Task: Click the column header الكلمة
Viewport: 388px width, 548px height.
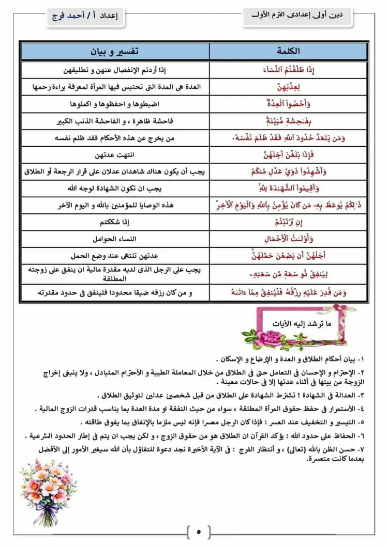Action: [x=289, y=52]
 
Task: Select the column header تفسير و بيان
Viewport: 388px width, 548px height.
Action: [x=114, y=52]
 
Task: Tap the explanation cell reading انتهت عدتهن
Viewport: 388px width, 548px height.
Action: [x=114, y=155]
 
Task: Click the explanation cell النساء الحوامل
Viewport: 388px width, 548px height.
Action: [x=114, y=239]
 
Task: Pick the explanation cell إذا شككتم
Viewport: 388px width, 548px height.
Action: [x=114, y=223]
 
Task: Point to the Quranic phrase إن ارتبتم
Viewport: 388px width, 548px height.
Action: [x=289, y=223]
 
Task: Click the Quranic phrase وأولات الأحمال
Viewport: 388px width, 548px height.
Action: [x=289, y=239]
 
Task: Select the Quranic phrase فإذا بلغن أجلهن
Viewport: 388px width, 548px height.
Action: [x=289, y=155]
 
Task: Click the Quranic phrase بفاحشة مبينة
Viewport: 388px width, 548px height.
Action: [x=289, y=121]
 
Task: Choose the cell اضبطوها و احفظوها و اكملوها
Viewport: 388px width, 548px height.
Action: [x=114, y=104]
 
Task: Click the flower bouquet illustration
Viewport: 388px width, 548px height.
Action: [x=47, y=491]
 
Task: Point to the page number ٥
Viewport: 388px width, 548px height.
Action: [x=199, y=531]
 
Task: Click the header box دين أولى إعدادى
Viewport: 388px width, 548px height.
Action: [x=300, y=16]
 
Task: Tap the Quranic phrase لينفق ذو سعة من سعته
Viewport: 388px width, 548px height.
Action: [x=289, y=274]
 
